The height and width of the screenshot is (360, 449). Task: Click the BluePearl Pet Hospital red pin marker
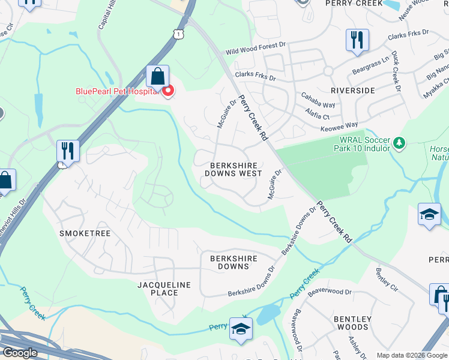pos(169,91)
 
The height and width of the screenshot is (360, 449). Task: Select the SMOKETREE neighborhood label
pos(85,233)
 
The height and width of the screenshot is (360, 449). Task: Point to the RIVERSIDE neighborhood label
pos(352,91)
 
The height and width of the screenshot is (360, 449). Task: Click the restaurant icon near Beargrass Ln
pos(357,40)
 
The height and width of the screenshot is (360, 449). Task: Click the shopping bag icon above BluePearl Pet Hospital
pos(157,76)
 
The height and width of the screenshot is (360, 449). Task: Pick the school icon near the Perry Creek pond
pos(241,329)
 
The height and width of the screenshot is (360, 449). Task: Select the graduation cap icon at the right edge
pos(429,214)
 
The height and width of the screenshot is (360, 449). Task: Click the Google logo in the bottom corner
pos(19,353)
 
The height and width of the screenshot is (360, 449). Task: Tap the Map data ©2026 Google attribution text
pos(412,355)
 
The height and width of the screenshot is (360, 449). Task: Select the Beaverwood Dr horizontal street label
pos(329,292)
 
